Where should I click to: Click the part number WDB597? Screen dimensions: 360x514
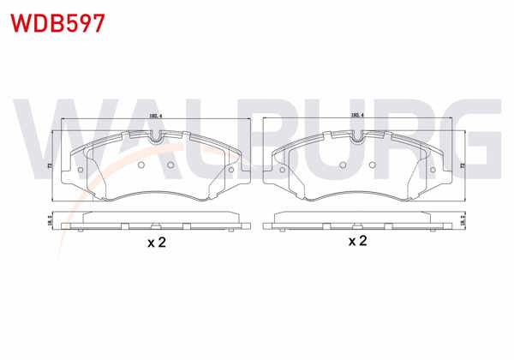tap(57, 22)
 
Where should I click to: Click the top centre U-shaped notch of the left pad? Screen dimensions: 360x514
tap(155, 137)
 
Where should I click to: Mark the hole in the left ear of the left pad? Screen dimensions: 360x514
tap(81, 169)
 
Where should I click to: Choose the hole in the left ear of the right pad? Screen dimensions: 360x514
tap(284, 169)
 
